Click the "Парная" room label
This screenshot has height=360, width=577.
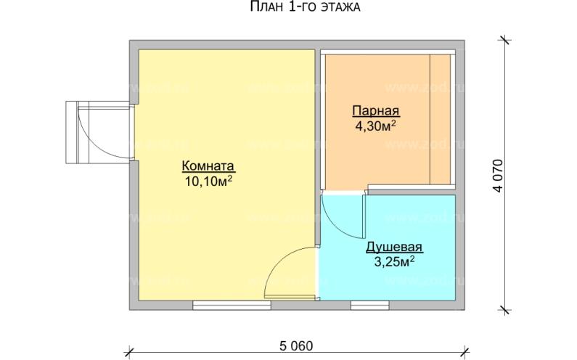[x=376, y=111]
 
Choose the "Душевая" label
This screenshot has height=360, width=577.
[x=393, y=247]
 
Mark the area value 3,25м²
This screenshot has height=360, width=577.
[x=394, y=261]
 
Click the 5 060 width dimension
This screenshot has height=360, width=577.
[x=296, y=345]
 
